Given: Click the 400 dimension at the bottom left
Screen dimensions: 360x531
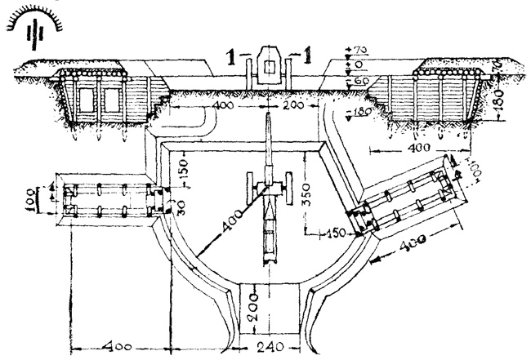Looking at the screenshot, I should tap(118, 345).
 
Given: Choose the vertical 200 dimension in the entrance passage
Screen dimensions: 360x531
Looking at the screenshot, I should tap(254, 309).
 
